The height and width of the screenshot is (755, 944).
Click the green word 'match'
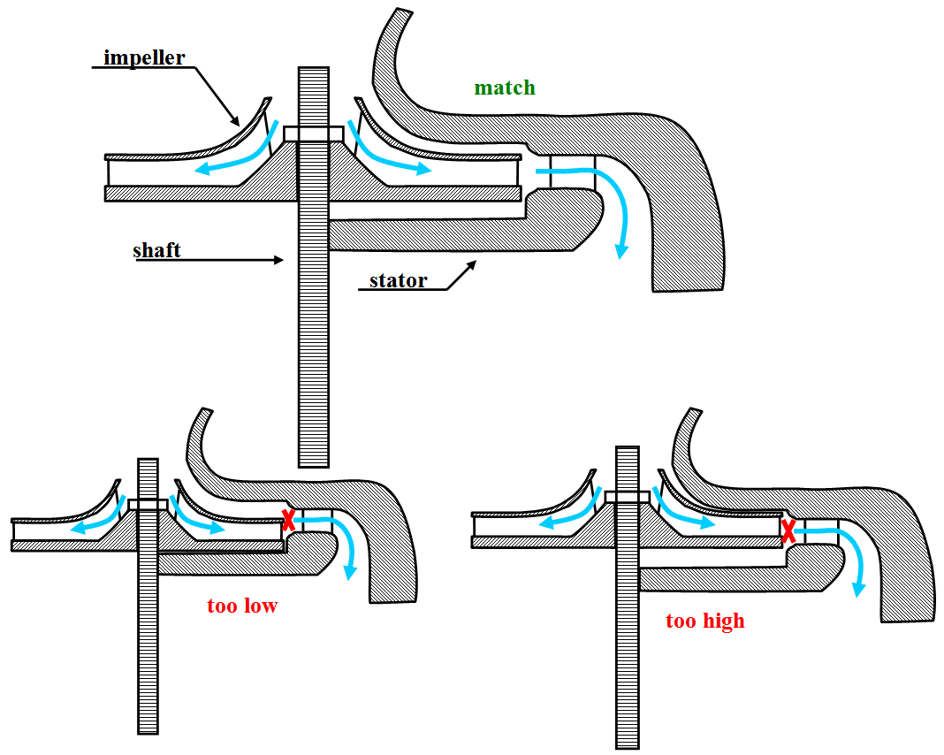(505, 88)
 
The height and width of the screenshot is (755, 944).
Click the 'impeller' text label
(144, 58)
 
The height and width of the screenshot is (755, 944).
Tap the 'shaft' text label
(156, 250)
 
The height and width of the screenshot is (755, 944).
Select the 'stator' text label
(398, 281)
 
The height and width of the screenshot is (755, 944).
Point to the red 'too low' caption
(242, 606)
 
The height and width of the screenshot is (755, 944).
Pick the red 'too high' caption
(705, 622)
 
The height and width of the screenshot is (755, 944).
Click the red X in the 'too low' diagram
(287, 520)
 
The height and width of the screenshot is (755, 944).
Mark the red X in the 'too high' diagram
(788, 530)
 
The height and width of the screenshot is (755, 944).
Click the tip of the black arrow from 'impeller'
(238, 124)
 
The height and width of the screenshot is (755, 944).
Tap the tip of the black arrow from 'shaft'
(282, 260)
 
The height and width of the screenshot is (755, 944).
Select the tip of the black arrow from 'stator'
(476, 261)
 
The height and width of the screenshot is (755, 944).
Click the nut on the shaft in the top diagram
(313, 133)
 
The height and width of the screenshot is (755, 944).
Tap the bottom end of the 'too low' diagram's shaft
(148, 731)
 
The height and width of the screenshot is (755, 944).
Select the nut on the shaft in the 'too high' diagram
(627, 496)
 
